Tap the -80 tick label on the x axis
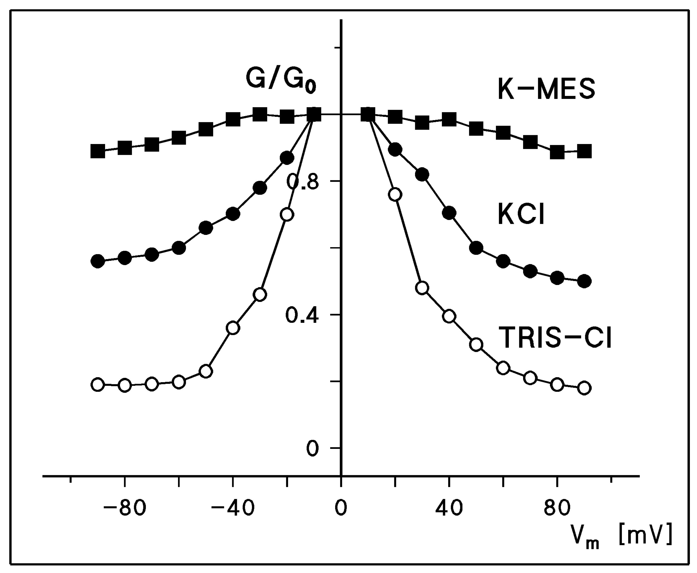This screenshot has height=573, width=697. [125, 509]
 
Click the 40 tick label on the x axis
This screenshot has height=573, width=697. [449, 509]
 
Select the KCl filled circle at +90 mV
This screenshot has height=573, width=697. [584, 281]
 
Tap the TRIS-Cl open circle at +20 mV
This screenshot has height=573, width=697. [395, 194]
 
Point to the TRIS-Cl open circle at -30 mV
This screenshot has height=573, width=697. [260, 294]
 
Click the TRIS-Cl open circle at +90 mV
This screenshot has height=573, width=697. [584, 388]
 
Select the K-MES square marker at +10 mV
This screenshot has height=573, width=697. [368, 114]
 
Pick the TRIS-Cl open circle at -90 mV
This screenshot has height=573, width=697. [98, 385]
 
